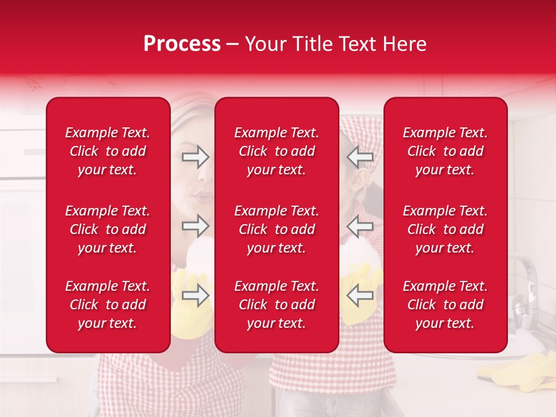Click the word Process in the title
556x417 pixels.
[182, 44]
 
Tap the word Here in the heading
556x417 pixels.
[404, 44]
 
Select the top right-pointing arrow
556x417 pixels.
[195, 156]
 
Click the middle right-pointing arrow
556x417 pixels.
[195, 225]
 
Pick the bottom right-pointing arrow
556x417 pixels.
[195, 295]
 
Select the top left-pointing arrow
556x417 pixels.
[360, 156]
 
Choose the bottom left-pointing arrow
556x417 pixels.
[360, 295]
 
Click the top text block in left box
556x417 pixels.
[108, 151]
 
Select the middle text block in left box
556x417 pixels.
[108, 229]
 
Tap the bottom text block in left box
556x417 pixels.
[108, 305]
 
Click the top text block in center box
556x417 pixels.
[276, 151]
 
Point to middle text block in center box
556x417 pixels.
[276, 229]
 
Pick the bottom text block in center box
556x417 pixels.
[276, 305]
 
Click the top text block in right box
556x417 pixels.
[445, 151]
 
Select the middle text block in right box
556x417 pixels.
[445, 229]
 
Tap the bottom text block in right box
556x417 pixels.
[445, 305]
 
